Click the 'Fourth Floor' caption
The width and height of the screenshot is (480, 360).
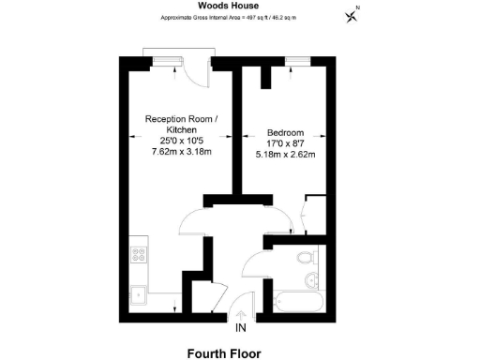click(x=223, y=353)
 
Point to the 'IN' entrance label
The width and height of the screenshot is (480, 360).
click(x=241, y=327)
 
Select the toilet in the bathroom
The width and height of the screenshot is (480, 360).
click(x=303, y=258)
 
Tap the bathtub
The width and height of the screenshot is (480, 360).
click(x=295, y=302)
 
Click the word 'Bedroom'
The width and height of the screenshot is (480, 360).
click(x=284, y=132)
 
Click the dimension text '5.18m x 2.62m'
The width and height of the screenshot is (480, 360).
click(x=285, y=154)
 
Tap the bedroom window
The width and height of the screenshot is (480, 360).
click(x=298, y=61)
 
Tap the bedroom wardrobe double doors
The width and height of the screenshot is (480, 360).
click(x=312, y=215)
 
